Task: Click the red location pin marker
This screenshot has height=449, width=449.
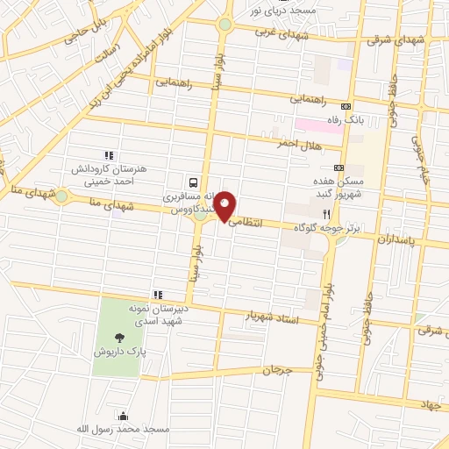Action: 225,206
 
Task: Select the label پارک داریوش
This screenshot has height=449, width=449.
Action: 118,351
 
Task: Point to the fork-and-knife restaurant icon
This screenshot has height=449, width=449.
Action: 327,213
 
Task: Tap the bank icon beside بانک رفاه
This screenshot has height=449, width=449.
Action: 346,104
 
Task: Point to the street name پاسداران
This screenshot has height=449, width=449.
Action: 403,239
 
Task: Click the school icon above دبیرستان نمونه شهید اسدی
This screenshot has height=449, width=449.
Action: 157,295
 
